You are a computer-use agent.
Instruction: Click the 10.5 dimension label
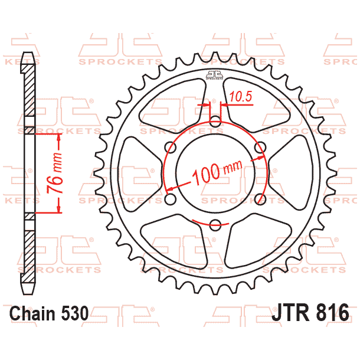click(x=240, y=95)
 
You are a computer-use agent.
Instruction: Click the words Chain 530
click(x=50, y=312)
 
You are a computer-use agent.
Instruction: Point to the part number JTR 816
click(x=310, y=312)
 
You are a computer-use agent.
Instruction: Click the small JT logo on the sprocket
click(x=215, y=75)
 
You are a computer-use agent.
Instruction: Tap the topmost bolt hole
click(x=215, y=122)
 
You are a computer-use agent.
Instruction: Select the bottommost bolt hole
click(x=215, y=224)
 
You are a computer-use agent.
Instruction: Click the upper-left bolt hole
click(x=171, y=147)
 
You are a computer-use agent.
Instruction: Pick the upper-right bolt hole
click(x=260, y=147)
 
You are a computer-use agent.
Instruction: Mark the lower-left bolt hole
click(x=171, y=199)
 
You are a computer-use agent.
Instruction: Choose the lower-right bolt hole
click(x=260, y=199)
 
